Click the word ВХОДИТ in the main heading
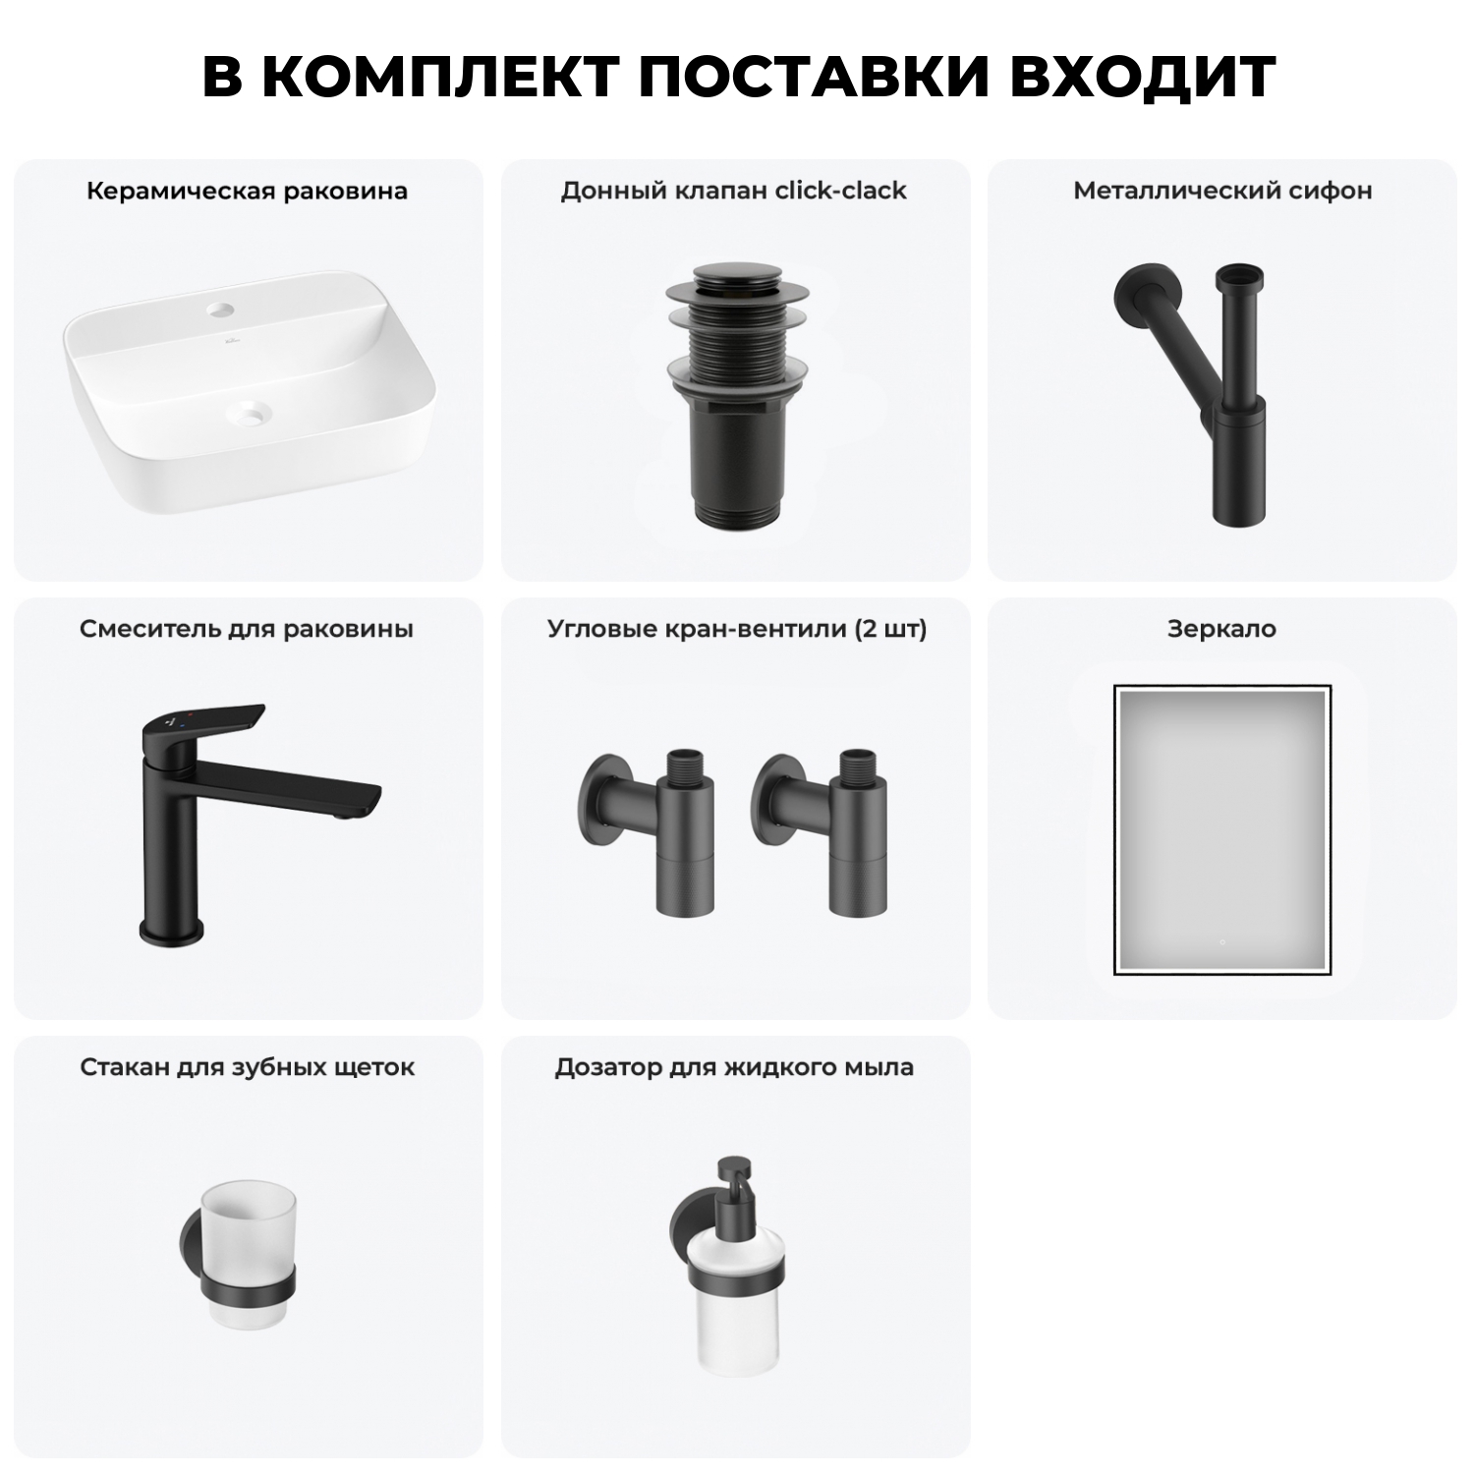(1142, 77)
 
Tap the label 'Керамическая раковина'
(247, 191)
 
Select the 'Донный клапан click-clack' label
(733, 191)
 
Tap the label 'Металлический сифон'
(1222, 191)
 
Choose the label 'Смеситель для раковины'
(247, 629)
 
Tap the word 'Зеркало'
(1221, 629)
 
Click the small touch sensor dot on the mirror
(1221, 942)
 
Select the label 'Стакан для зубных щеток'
(247, 1067)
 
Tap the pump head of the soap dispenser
(733, 1179)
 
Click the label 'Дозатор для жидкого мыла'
(733, 1067)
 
